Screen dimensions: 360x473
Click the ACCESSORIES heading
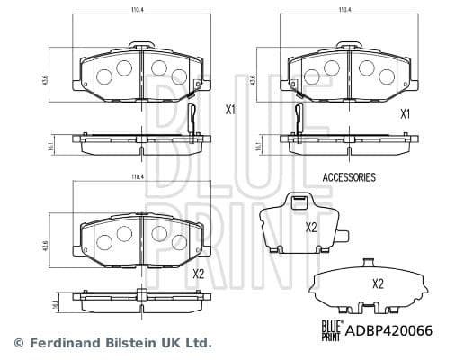[x=348, y=178]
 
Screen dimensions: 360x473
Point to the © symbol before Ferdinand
[x=18, y=343]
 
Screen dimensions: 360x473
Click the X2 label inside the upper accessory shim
[x=311, y=227]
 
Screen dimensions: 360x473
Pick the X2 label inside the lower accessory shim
[x=379, y=283]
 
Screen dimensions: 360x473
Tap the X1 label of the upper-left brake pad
[x=230, y=111]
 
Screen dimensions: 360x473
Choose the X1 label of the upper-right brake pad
[x=405, y=113]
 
